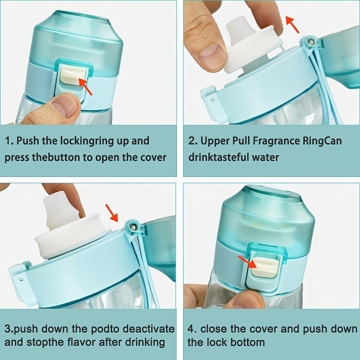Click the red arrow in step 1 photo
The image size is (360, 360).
[85, 87]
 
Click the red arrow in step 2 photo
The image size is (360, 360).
[292, 25]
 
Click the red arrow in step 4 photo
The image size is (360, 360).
[245, 261]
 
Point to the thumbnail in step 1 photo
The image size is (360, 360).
[63, 105]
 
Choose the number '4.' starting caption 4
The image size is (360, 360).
[193, 329]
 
